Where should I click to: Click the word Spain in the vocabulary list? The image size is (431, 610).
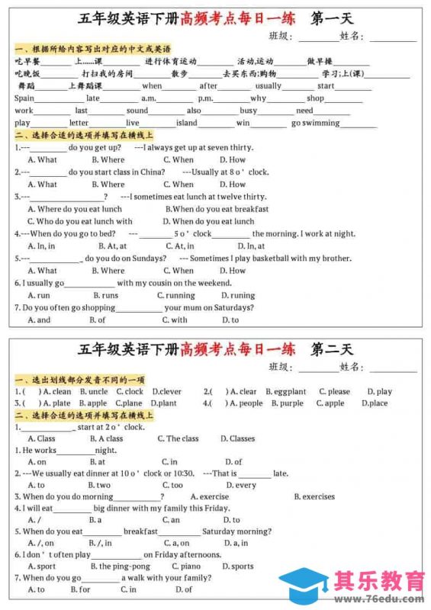(x=24, y=98)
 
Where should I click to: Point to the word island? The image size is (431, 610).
(x=186, y=123)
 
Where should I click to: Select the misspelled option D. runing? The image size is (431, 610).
(x=238, y=295)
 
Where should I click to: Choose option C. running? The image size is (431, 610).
(x=176, y=295)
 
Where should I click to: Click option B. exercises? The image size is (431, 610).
(x=314, y=496)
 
